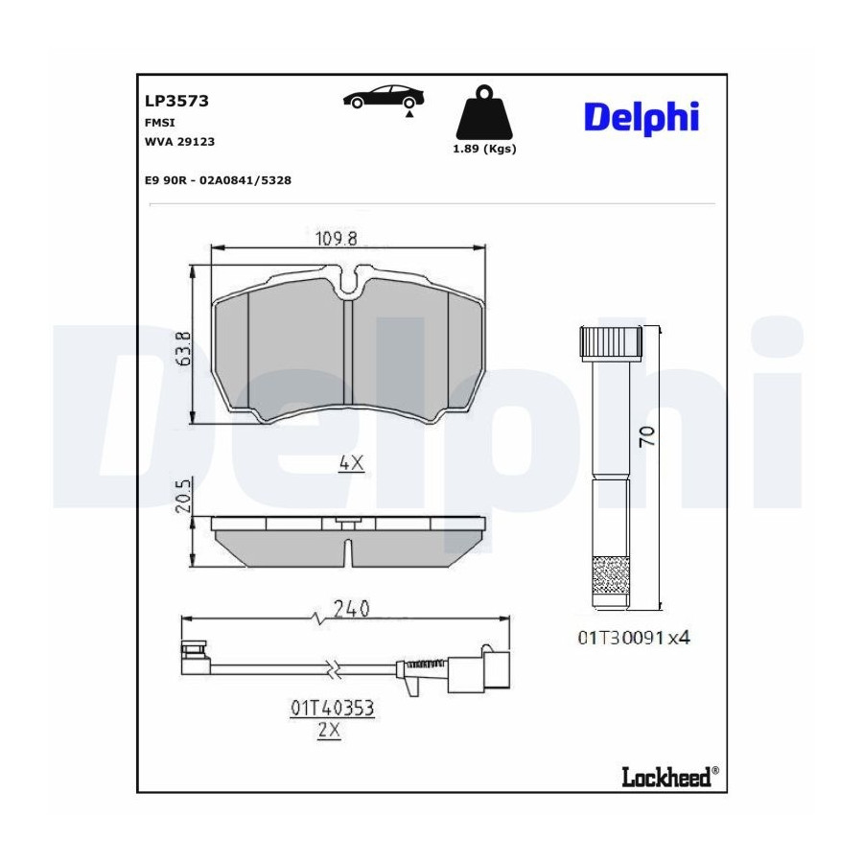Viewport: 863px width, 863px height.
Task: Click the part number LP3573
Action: tap(176, 102)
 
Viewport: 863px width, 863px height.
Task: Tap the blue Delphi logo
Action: tap(641, 118)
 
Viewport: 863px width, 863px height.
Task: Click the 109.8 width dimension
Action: tap(337, 239)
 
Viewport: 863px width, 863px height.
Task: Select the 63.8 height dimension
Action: tap(184, 348)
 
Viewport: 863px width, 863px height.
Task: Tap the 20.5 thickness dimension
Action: tap(183, 496)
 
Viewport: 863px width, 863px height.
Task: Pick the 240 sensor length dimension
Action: tap(352, 609)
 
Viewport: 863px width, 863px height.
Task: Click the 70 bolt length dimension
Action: tap(647, 436)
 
